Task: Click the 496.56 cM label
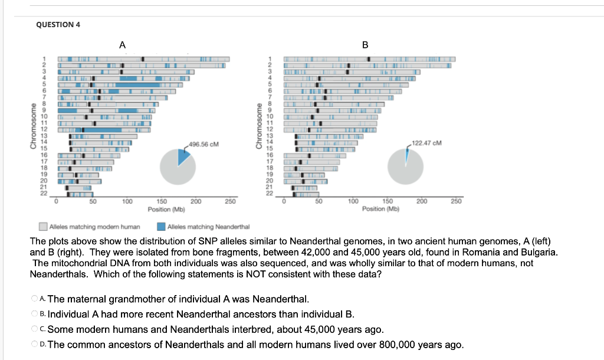click(202, 144)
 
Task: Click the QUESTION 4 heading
click(58, 24)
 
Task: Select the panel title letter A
click(122, 45)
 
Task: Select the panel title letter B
click(365, 45)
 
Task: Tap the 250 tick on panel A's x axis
click(229, 202)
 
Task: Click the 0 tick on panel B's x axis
click(284, 202)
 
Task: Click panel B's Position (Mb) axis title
click(380, 209)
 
